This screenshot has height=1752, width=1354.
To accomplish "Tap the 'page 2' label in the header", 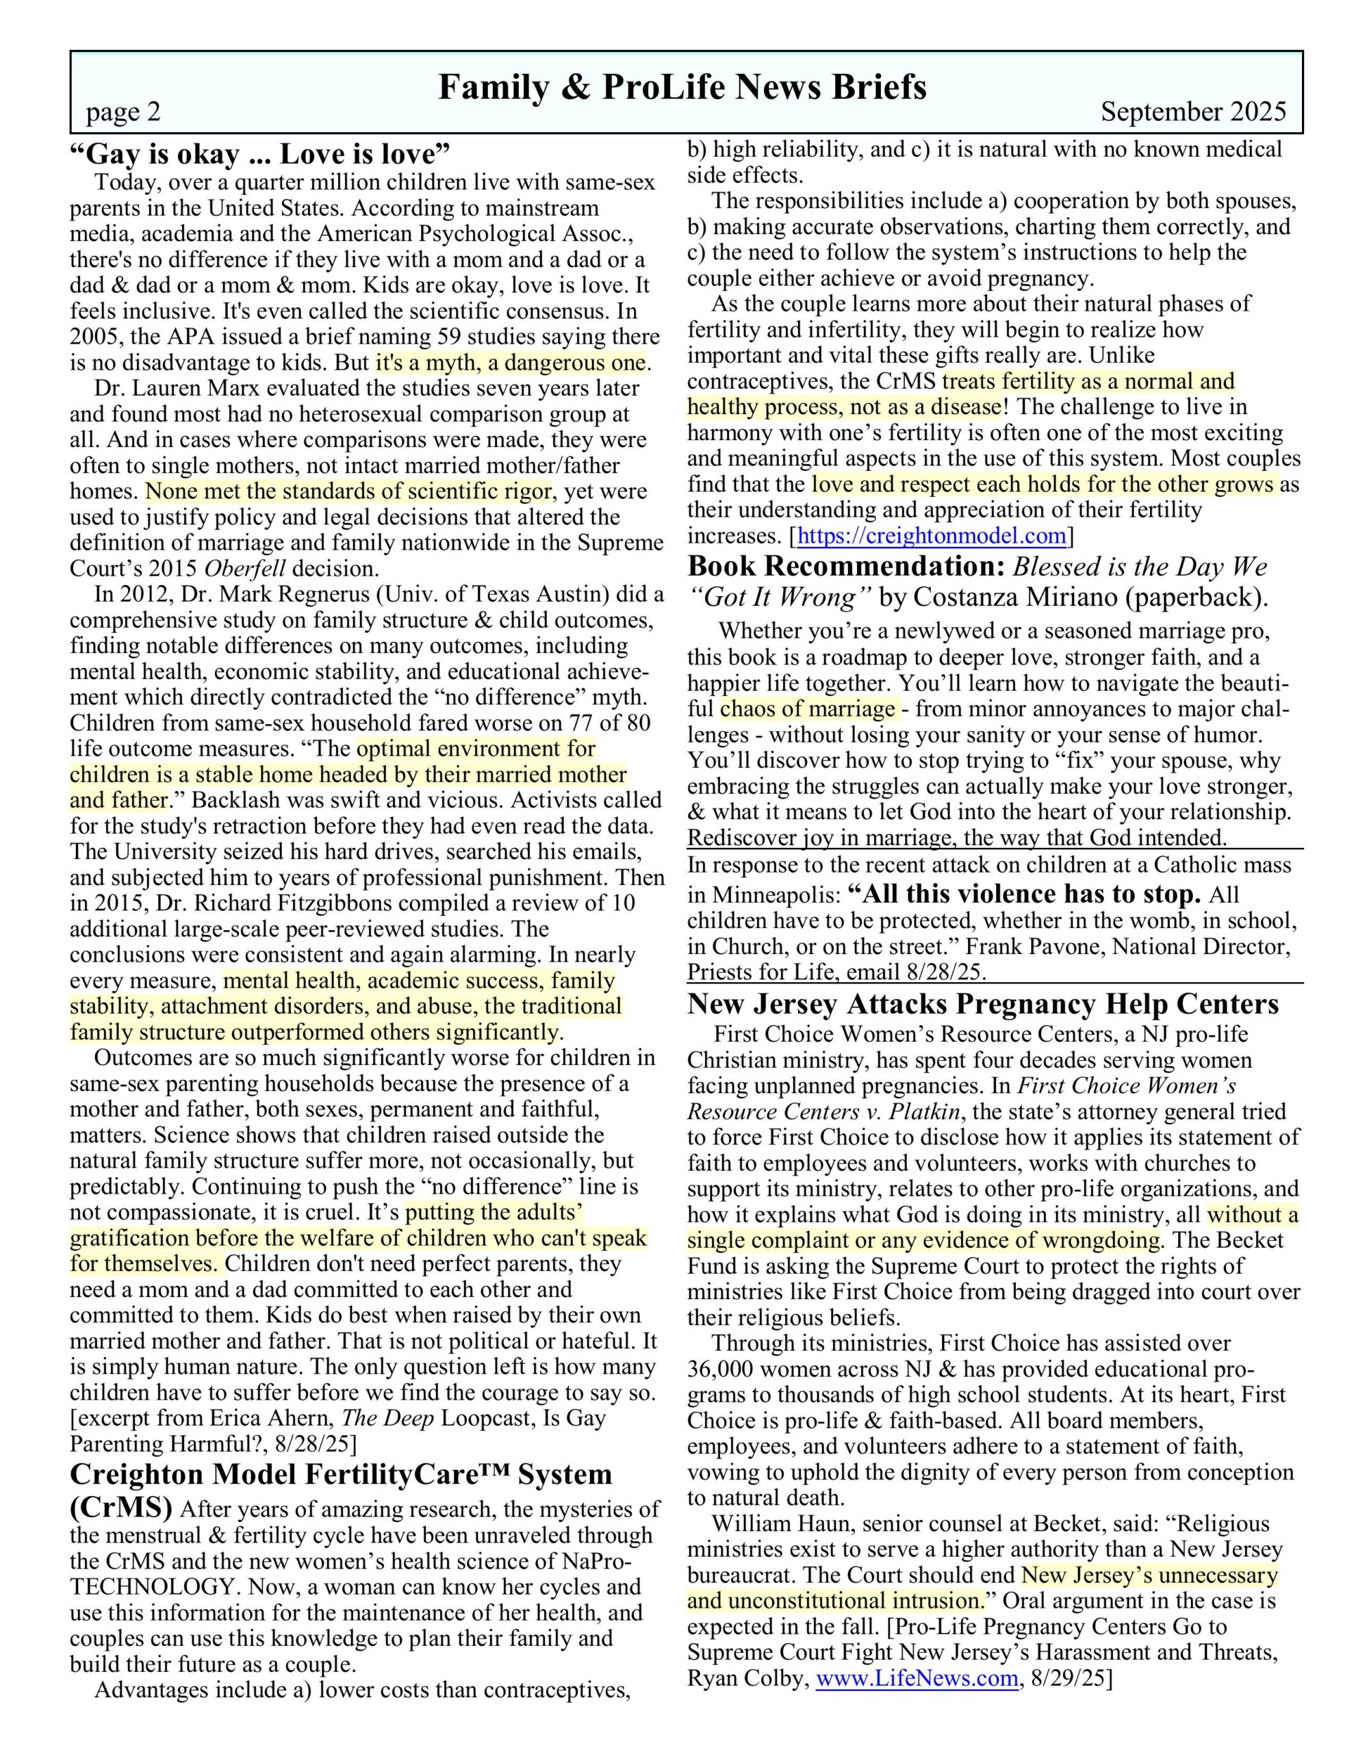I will [x=124, y=112].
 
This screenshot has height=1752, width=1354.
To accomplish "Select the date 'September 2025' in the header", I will [x=1192, y=112].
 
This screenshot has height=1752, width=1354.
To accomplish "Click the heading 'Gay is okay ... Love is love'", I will [x=260, y=153].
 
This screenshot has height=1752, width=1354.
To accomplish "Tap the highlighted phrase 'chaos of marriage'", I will [x=808, y=709].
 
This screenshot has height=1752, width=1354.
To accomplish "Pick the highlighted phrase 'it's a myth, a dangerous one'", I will [x=511, y=363].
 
